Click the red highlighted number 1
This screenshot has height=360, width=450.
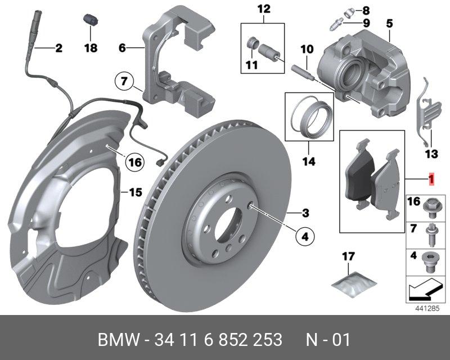point(431,179)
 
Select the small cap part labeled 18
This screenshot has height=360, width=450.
point(88,19)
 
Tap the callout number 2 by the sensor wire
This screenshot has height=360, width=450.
point(58,48)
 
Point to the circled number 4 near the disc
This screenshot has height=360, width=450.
point(304,237)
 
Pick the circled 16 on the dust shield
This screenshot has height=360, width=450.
point(132,163)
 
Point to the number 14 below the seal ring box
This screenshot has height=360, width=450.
point(307,162)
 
